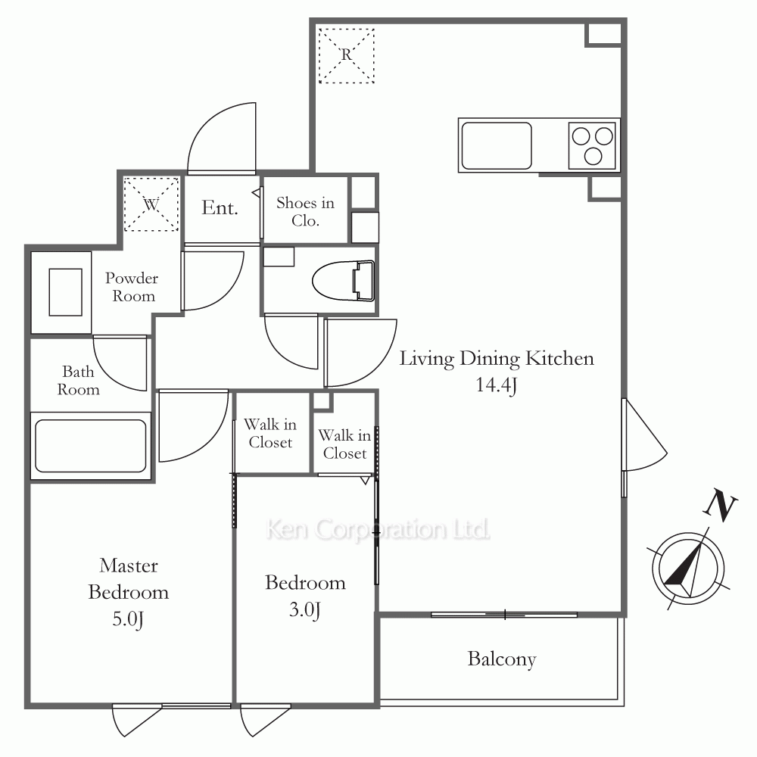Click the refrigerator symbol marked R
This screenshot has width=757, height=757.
(346, 55)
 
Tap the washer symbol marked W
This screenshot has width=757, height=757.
(151, 204)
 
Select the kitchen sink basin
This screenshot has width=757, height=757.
(497, 145)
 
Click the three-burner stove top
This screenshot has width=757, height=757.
(593, 145)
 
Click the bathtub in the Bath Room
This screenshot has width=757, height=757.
(91, 446)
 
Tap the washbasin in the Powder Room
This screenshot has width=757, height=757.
(65, 292)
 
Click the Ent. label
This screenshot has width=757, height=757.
(220, 207)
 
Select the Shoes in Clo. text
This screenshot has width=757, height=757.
(305, 211)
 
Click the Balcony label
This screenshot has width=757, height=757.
(502, 659)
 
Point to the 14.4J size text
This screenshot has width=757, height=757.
(497, 385)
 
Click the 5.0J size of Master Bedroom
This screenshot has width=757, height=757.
(128, 619)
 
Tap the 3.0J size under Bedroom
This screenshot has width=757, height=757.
(304, 609)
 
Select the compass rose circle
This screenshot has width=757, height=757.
(688, 569)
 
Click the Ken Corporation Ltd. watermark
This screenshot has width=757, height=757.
(378, 530)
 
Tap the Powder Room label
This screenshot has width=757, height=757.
(132, 287)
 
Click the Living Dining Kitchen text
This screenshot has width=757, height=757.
(497, 359)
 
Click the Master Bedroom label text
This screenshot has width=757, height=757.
(129, 579)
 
